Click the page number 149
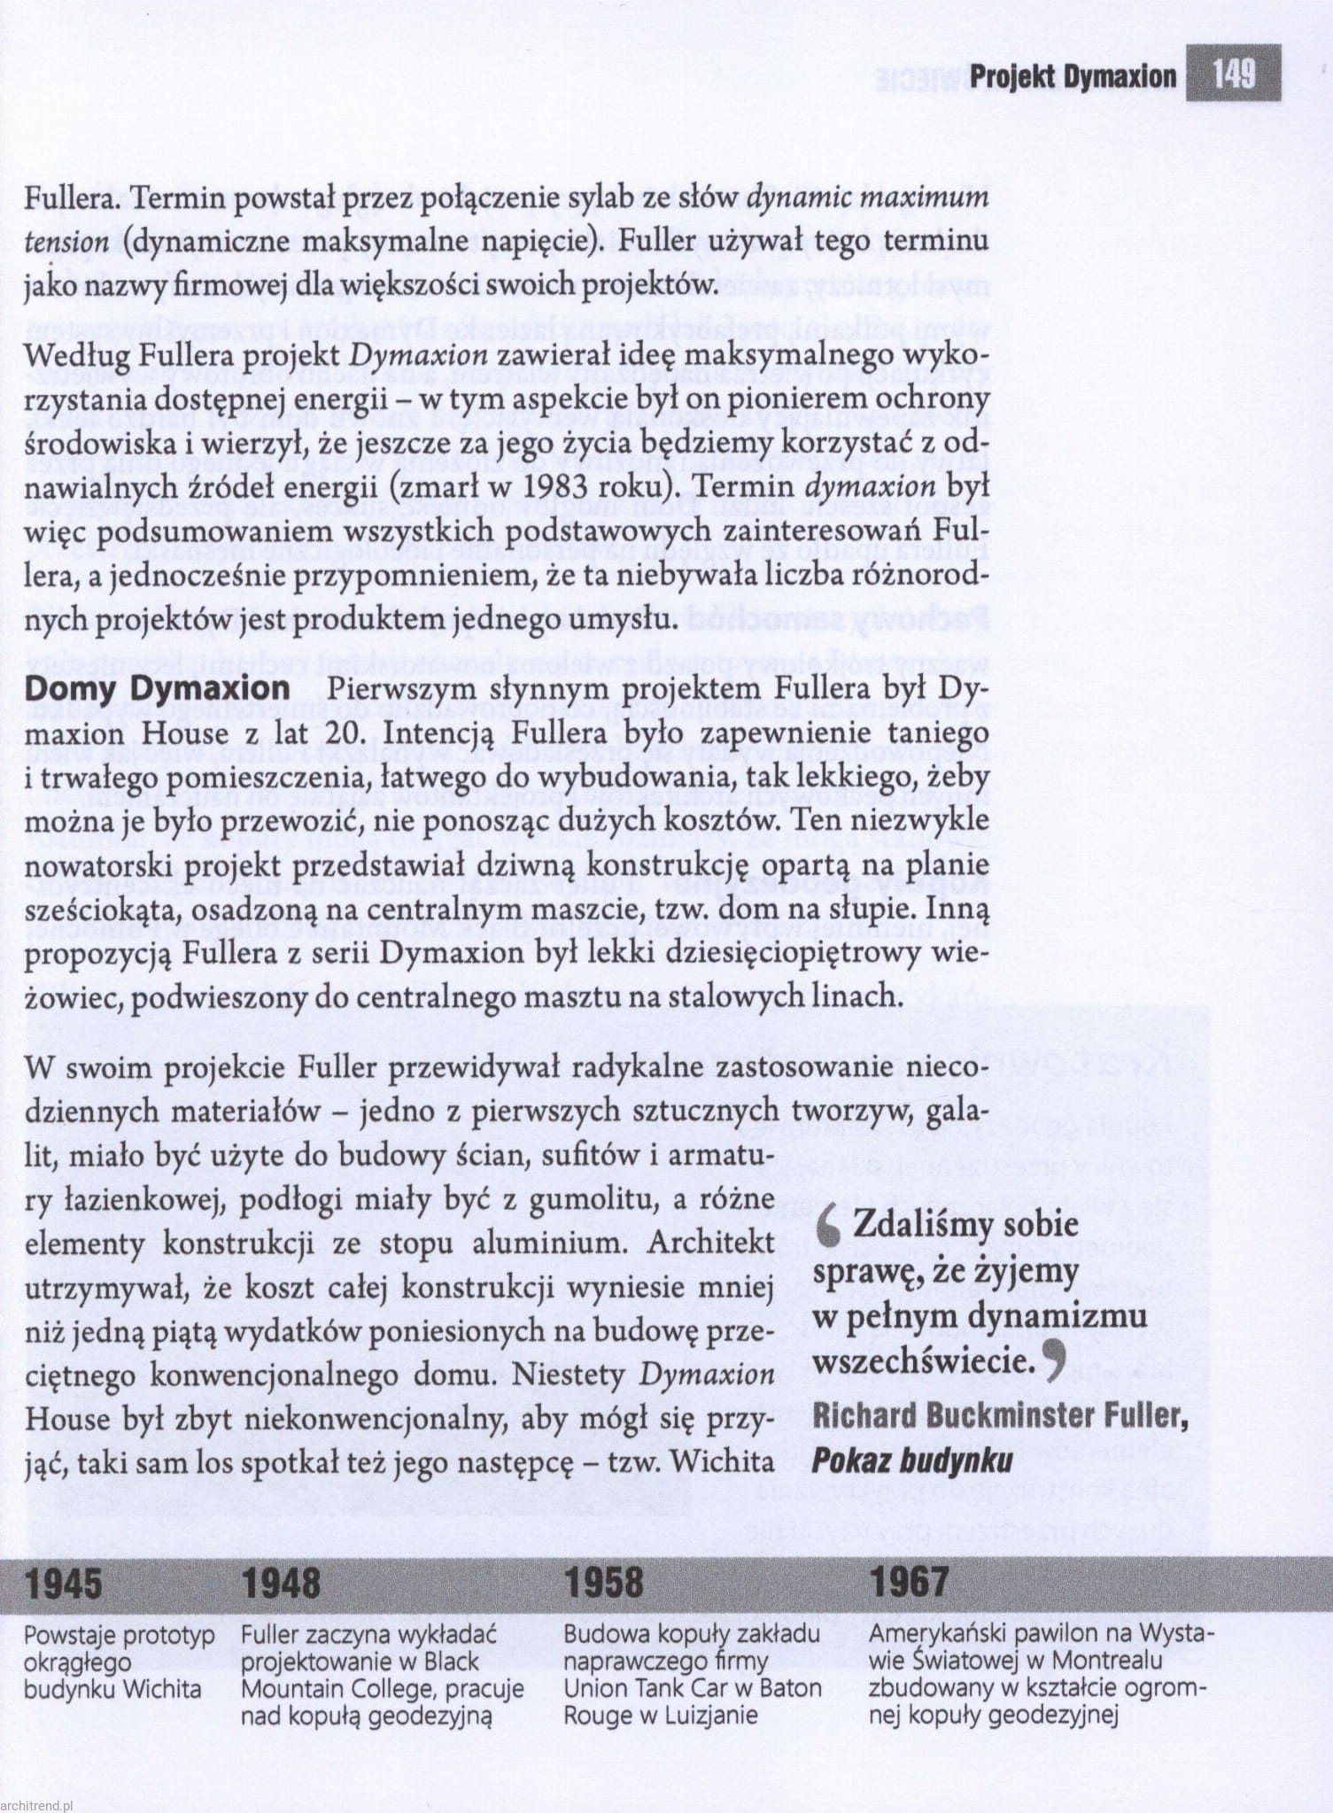(x=1234, y=73)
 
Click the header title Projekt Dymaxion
(x=1073, y=77)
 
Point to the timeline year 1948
(x=281, y=1583)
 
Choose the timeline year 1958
(x=604, y=1583)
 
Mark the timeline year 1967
(x=909, y=1583)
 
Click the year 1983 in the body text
(x=558, y=488)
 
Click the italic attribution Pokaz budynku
(x=911, y=1460)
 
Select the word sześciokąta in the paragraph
(x=111, y=910)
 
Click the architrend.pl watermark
(x=37, y=1802)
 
